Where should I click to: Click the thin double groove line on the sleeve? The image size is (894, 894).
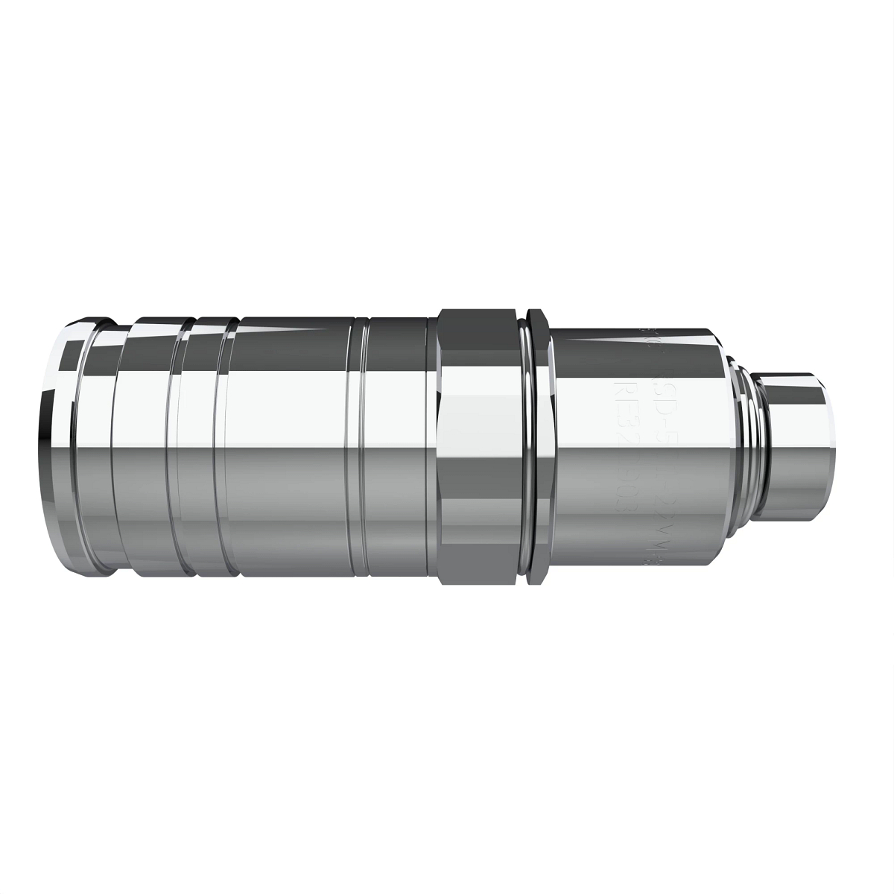pyautogui.click(x=361, y=447)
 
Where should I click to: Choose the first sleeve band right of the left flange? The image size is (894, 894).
pyautogui.click(x=145, y=447)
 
